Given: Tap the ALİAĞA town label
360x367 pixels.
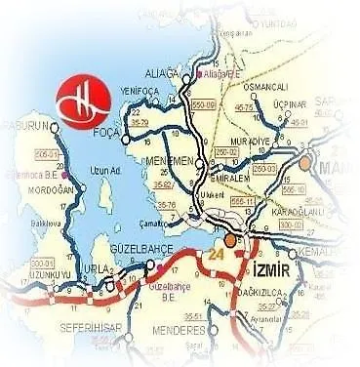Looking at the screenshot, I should tap(160, 74).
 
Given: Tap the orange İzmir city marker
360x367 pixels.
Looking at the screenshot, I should tap(228, 238).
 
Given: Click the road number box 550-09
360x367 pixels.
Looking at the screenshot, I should tap(204, 102).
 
